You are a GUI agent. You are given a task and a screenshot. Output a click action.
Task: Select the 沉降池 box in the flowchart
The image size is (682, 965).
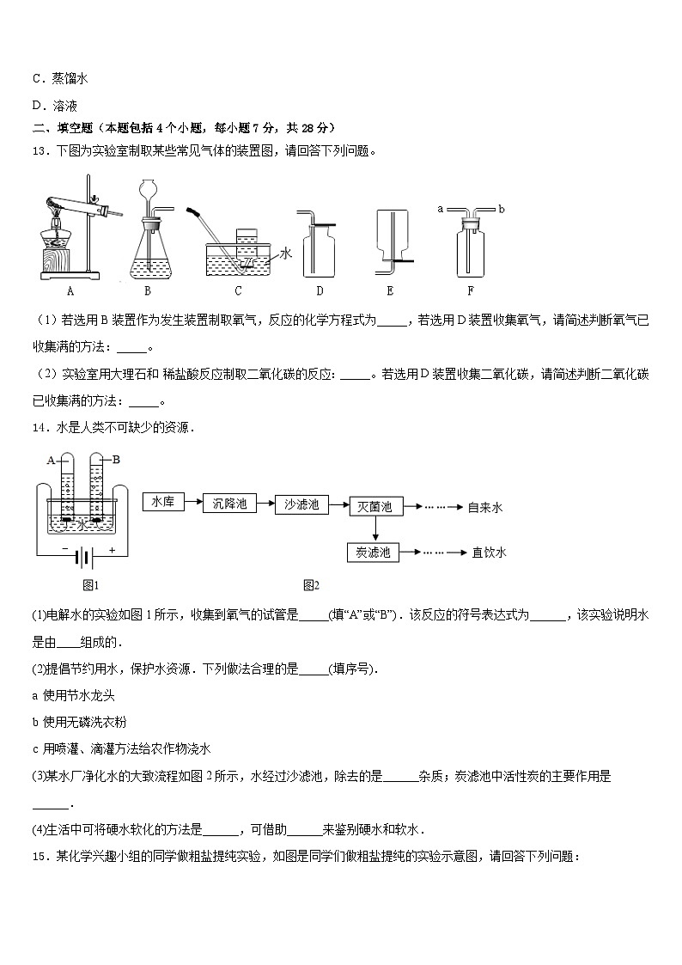pos(229,504)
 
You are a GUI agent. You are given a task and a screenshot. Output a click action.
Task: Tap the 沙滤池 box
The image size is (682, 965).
pos(301,504)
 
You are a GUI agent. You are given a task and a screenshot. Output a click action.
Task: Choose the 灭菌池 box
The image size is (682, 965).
pos(374,507)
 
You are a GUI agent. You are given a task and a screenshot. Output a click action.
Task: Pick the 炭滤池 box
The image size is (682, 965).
pos(374,553)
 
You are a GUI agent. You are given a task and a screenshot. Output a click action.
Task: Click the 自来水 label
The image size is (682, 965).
pos(486,507)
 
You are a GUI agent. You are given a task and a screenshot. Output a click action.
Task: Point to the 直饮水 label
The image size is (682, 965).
pos(489,553)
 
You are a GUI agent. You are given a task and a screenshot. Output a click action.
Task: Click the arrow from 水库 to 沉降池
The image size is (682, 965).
pos(192,502)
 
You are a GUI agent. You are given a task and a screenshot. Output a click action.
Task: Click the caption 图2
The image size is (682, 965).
pos(310,586)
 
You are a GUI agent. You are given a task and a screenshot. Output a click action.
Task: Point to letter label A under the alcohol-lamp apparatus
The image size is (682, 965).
pos(70,290)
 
